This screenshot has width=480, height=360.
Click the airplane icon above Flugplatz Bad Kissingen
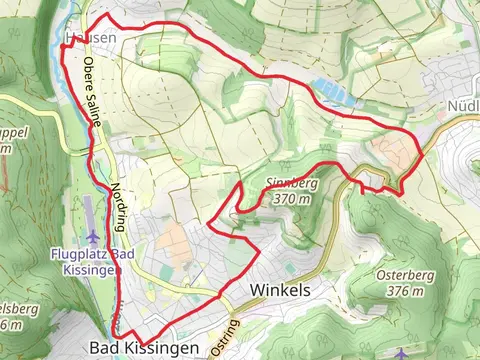pyautogui.click(x=93, y=237)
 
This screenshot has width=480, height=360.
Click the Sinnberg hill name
pyautogui.click(x=291, y=184)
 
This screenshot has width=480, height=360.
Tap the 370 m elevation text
pyautogui.click(x=290, y=198)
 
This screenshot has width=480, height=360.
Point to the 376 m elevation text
pyautogui.click(x=404, y=291)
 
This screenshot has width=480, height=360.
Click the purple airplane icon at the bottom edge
pyautogui.click(x=402, y=355)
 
